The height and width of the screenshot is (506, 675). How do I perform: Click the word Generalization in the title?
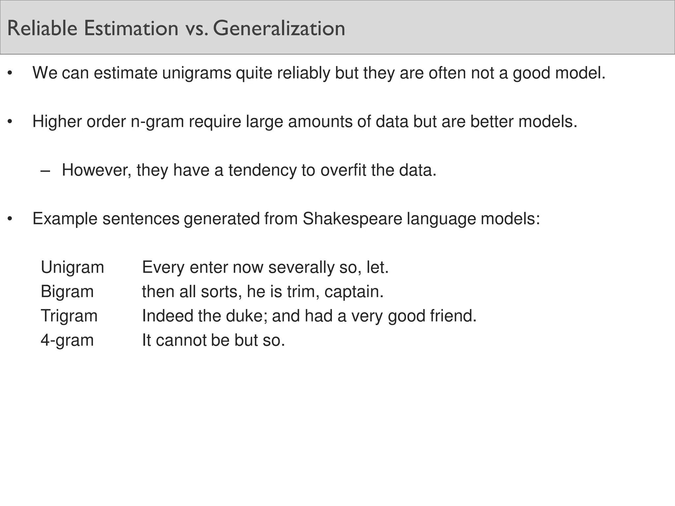click(279, 28)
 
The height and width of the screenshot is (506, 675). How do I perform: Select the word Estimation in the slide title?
click(131, 28)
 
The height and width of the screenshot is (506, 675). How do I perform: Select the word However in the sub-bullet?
click(97, 170)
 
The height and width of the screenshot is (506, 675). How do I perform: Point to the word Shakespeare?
click(352, 219)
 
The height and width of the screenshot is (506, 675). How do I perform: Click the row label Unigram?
click(72, 267)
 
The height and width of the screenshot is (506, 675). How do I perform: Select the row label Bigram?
click(67, 292)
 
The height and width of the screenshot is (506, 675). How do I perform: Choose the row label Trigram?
click(69, 316)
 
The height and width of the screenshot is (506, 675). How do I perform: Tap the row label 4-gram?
click(67, 340)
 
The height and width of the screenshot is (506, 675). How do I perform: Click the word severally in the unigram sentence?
click(301, 267)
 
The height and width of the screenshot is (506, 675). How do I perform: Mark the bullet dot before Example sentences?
click(10, 219)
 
